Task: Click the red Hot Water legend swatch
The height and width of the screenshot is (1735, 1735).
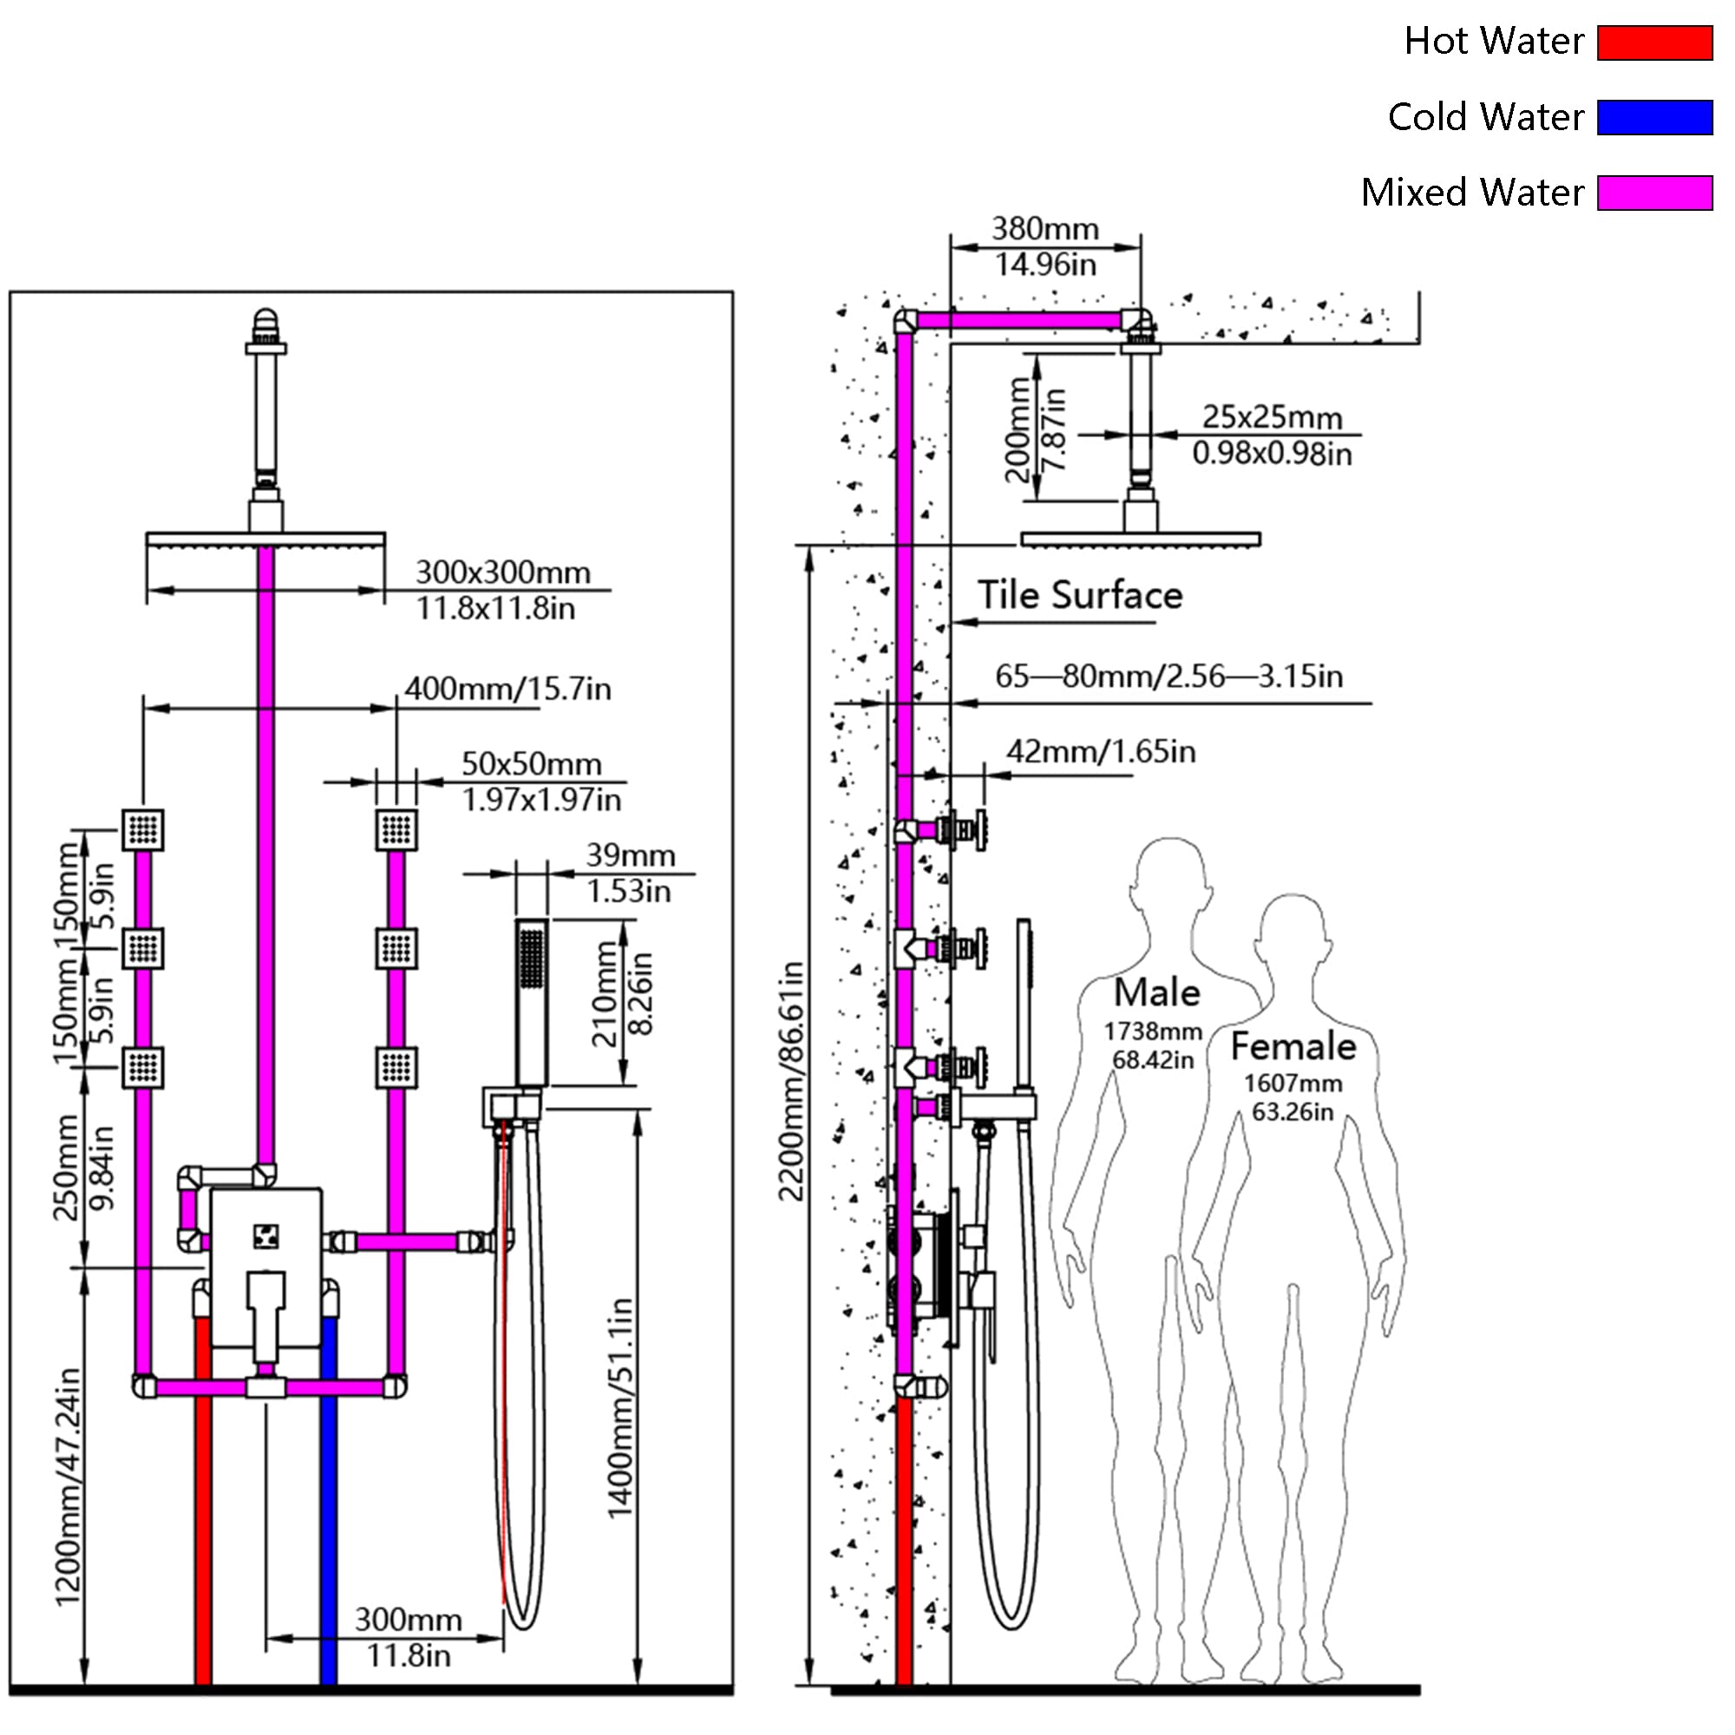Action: [x=1654, y=43]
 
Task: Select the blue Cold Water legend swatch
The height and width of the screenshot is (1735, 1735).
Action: [x=1654, y=118]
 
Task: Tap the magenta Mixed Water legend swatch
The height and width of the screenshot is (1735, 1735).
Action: [x=1654, y=193]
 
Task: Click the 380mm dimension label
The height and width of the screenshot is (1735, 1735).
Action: [x=1044, y=228]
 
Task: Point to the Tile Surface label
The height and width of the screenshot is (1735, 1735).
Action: [x=1079, y=594]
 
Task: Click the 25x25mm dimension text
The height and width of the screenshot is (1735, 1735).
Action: [x=1272, y=416]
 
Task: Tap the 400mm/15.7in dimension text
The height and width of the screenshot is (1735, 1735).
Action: [x=507, y=689]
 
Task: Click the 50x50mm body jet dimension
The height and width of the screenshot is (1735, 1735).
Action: [x=532, y=763]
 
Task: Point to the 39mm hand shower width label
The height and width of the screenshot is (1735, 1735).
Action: [x=631, y=855]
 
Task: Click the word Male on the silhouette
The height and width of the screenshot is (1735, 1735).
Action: [x=1156, y=992]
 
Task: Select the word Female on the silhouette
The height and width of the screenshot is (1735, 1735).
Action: [x=1293, y=1046]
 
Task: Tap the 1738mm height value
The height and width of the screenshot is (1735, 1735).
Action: [x=1152, y=1031]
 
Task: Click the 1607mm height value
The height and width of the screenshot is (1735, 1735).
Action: [x=1293, y=1083]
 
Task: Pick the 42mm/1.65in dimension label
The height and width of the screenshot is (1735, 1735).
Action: [x=1101, y=750]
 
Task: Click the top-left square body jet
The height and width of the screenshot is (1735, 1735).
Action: [x=144, y=828]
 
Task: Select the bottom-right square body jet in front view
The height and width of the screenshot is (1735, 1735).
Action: [x=396, y=1067]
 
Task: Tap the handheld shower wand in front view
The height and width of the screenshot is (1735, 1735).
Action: [x=532, y=1002]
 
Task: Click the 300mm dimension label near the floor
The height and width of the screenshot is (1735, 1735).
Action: [x=408, y=1619]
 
